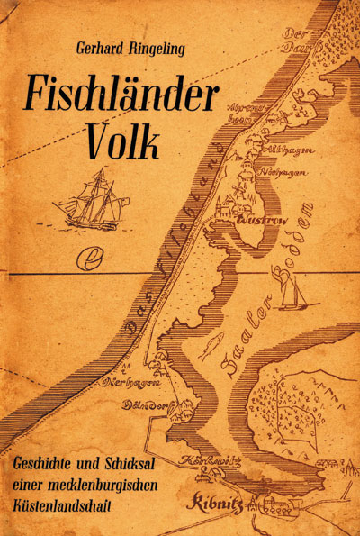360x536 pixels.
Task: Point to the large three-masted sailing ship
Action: coord(90,200)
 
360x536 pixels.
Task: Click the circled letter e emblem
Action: coord(91,259)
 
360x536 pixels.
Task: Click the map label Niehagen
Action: coord(291,172)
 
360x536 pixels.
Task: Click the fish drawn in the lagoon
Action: coord(211,345)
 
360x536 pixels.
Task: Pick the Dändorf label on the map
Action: coord(147,403)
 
